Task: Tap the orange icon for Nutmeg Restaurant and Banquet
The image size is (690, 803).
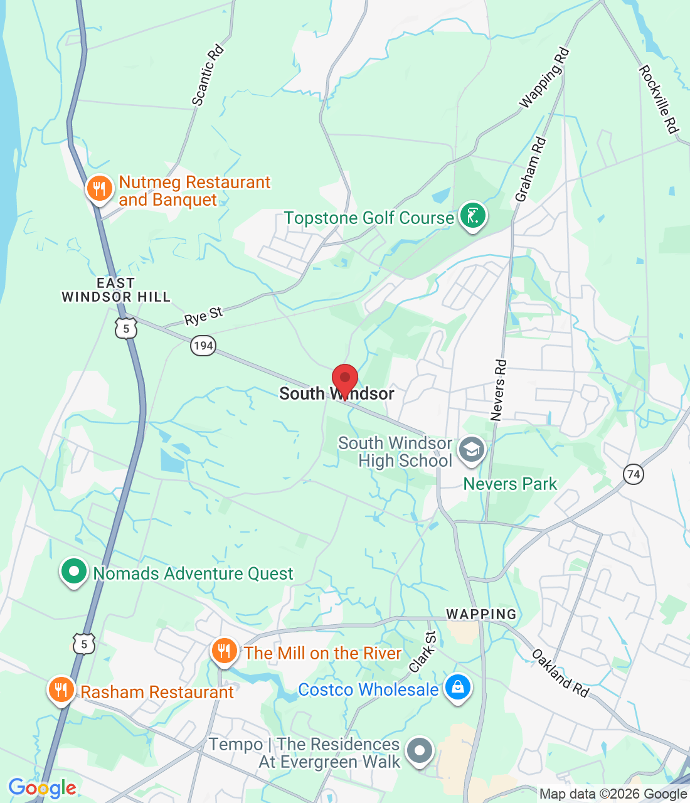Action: click(x=99, y=188)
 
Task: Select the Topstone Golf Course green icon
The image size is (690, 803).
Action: click(x=472, y=216)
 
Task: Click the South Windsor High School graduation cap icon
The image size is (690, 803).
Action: click(x=471, y=450)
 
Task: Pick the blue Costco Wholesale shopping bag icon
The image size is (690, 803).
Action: click(x=458, y=688)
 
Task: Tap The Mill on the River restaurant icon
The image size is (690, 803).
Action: click(x=224, y=651)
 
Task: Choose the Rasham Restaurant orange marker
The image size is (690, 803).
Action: click(x=61, y=690)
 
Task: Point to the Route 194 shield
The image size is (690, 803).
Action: click(x=203, y=346)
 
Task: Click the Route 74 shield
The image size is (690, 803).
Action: click(x=634, y=474)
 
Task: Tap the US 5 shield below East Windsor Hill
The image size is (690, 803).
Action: click(x=126, y=328)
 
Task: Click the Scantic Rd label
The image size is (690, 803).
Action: click(x=208, y=75)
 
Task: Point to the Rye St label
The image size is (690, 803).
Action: click(x=203, y=316)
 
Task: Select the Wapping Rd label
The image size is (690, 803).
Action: click(x=544, y=78)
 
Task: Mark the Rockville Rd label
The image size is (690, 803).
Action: click(x=659, y=99)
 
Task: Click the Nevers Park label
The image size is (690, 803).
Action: click(x=510, y=484)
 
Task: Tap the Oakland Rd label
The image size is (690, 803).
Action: click(x=561, y=673)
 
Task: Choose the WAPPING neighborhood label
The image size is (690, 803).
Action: click(x=481, y=614)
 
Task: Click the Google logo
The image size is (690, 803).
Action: click(x=42, y=788)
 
